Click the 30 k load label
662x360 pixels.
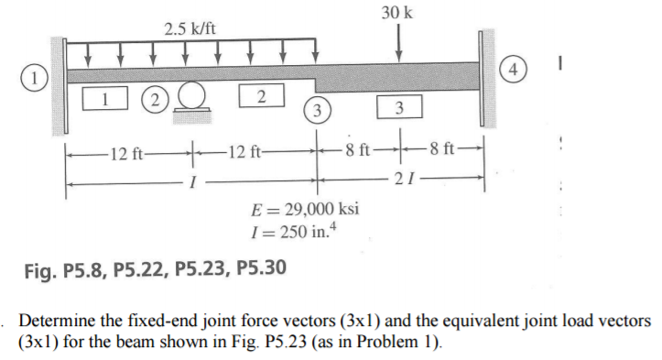point(397,13)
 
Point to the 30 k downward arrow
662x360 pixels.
point(397,42)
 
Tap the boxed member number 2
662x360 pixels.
point(261,94)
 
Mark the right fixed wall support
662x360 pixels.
point(486,72)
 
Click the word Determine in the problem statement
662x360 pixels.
point(56,322)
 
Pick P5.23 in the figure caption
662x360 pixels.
point(201,269)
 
